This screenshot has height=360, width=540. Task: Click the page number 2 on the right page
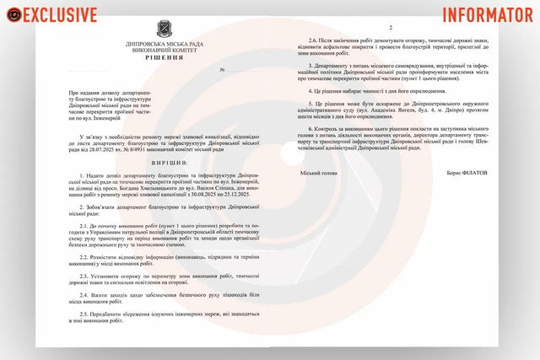pyautogui.click(x=402, y=28)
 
